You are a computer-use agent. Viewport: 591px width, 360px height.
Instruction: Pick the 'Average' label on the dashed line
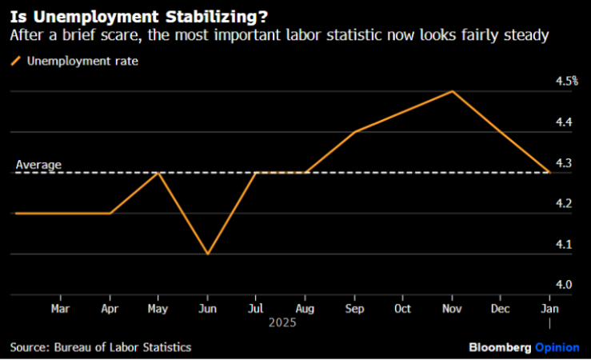pyautogui.click(x=38, y=165)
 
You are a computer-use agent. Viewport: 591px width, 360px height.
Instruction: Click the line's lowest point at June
pyautogui.click(x=207, y=254)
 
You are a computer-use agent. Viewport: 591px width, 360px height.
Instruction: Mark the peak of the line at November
pyautogui.click(x=453, y=91)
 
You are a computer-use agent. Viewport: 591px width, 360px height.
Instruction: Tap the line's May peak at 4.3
pyautogui.click(x=158, y=172)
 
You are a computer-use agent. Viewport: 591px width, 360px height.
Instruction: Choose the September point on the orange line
pyautogui.click(x=354, y=131)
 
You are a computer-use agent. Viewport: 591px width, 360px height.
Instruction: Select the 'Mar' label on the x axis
pyautogui.click(x=60, y=307)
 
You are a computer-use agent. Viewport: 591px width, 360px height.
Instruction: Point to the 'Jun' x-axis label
pyautogui.click(x=207, y=307)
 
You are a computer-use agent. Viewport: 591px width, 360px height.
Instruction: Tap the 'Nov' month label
pyautogui.click(x=453, y=307)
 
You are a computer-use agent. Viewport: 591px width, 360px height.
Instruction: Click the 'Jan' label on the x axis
pyautogui.click(x=550, y=307)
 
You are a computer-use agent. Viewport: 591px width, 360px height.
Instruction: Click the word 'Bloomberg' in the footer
pyautogui.click(x=500, y=347)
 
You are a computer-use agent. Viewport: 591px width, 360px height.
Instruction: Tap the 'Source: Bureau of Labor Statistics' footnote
pyautogui.click(x=101, y=347)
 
